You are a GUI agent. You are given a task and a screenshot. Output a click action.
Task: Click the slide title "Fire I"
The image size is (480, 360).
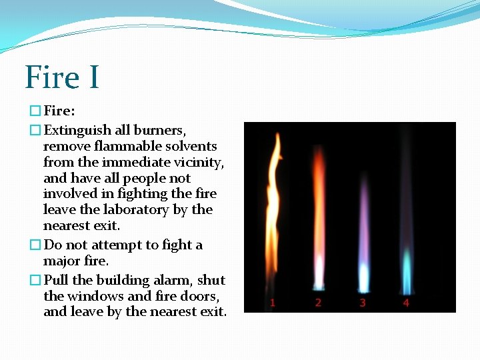click(62, 77)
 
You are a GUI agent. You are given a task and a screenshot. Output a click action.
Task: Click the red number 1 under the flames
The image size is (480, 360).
click(272, 303)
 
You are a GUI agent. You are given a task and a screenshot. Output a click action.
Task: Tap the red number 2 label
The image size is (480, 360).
click(318, 303)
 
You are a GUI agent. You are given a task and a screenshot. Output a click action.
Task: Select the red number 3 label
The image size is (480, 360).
click(362, 303)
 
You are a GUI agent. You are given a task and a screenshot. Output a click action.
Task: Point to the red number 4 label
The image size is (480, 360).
click(406, 303)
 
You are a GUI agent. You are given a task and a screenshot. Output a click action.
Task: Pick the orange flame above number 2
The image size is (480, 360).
click(318, 213)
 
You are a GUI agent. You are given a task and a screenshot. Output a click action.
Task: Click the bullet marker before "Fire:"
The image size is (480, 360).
click(35, 110)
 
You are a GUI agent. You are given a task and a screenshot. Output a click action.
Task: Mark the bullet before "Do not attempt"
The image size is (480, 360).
click(35, 245)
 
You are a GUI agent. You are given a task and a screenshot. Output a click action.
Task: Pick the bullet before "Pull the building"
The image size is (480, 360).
click(35, 281)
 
